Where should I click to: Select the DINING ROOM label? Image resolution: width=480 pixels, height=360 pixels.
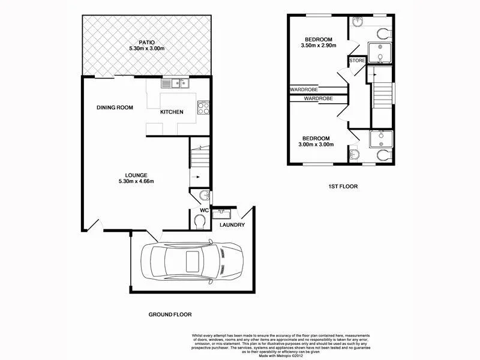coord(115,107)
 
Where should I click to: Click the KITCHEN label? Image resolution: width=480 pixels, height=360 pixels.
coord(172,112)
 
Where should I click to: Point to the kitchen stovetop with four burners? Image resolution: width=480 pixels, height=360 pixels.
coord(203,109)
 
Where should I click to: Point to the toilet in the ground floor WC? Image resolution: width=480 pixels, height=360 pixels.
coord(200,222)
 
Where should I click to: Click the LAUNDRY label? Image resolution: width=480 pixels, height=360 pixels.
coord(232,225)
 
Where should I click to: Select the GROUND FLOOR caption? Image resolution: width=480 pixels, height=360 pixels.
coord(170,314)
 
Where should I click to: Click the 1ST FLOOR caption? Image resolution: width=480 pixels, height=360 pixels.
coord(343,187)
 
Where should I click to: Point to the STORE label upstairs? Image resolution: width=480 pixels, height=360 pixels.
coord(358,61)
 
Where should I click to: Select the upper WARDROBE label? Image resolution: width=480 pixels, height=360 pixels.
coord(304,89)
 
